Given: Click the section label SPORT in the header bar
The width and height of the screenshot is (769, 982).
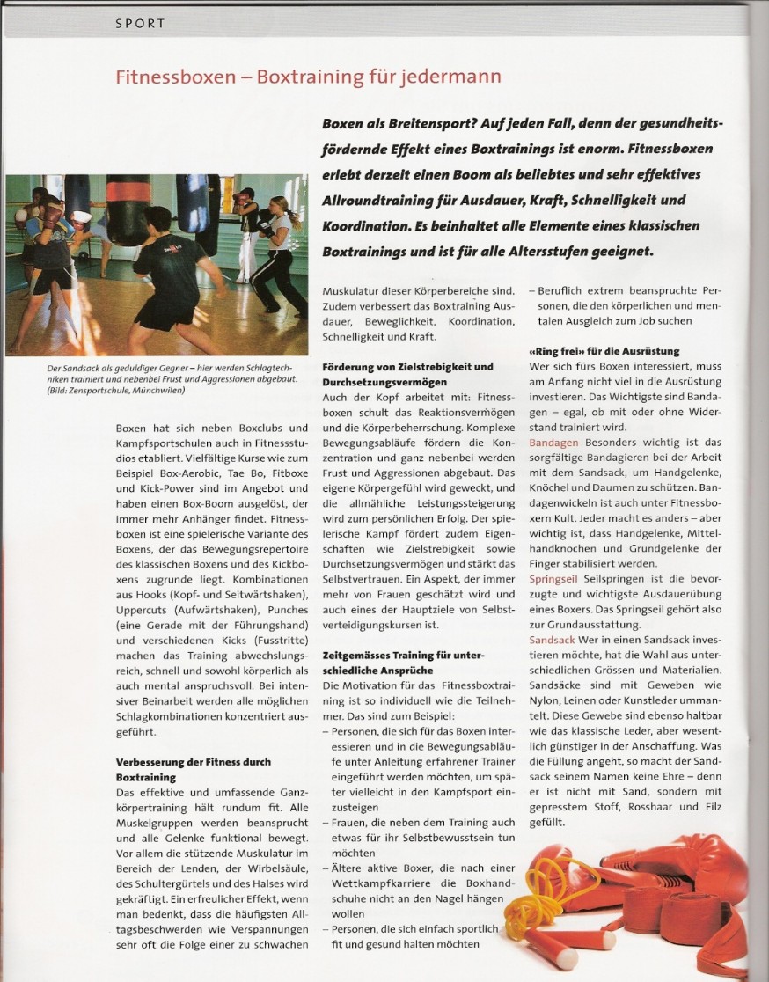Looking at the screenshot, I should pos(141,24).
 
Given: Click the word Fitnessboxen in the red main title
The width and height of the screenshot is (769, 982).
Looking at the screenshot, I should pos(176,77).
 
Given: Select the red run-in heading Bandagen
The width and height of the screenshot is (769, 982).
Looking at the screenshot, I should pos(553,442).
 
